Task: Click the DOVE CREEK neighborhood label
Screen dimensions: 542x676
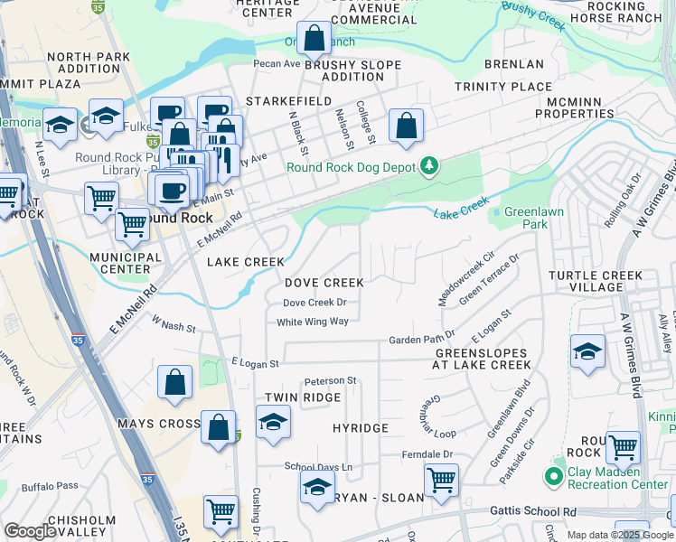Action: (324, 284)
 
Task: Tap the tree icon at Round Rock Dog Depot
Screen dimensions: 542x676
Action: (429, 166)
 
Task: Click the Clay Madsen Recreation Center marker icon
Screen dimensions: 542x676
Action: (552, 475)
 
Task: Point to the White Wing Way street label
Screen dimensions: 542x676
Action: (313, 322)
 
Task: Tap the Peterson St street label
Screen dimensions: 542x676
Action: (331, 381)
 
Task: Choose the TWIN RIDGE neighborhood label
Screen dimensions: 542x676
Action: (303, 397)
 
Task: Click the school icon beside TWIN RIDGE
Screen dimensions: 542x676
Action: (273, 423)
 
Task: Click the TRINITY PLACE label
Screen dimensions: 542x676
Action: (502, 87)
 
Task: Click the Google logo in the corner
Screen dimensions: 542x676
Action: (30, 531)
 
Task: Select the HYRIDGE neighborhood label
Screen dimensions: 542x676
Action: (360, 427)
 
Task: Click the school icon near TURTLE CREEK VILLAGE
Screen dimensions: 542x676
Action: (587, 352)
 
